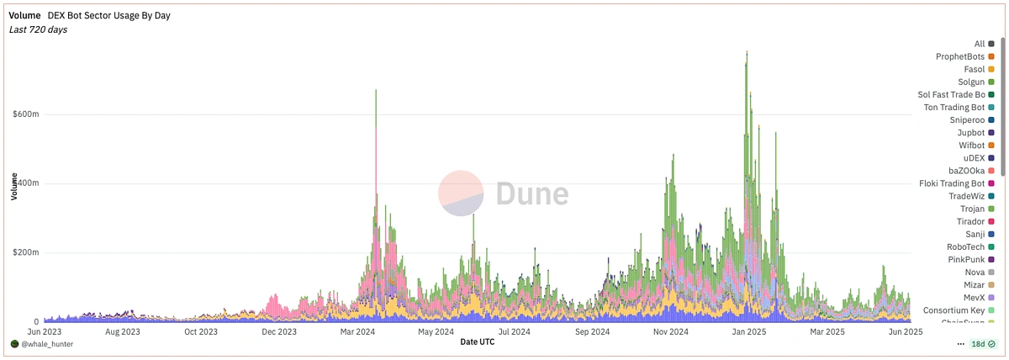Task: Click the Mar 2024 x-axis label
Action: pos(359,332)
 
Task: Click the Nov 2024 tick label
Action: pos(671,332)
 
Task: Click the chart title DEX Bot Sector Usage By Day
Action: pos(109,15)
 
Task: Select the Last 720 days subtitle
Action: pos(39,29)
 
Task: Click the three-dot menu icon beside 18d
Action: pos(961,344)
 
